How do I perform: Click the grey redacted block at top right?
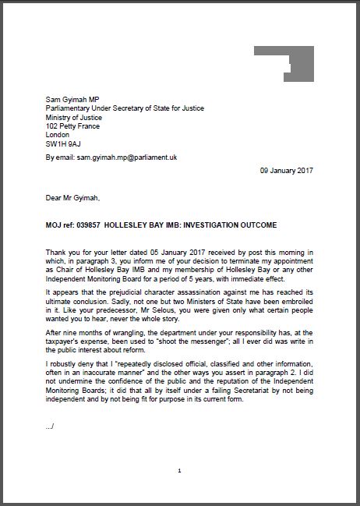click(x=283, y=63)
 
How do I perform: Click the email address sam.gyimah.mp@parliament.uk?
click(x=126, y=157)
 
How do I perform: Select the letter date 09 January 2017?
click(x=286, y=170)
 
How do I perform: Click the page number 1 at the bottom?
click(x=179, y=471)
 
